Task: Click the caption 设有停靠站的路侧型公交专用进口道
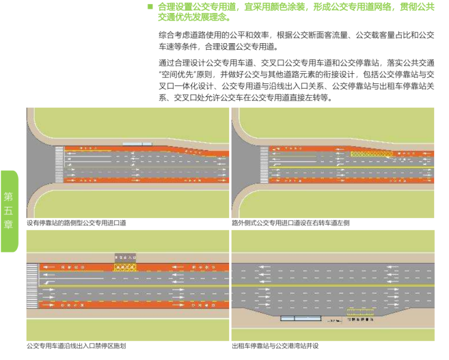77,223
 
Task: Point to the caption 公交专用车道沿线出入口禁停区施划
76,346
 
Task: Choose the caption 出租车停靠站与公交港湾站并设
278,346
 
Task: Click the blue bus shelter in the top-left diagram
137,144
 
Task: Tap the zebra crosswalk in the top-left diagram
58,164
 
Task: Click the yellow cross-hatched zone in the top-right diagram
371,154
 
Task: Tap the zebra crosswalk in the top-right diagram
263,164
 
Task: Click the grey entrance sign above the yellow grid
125,258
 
